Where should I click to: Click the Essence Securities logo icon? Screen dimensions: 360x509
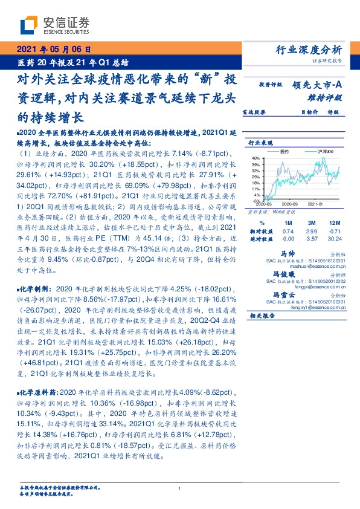click(28, 25)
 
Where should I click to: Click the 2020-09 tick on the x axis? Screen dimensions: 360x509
click(291, 205)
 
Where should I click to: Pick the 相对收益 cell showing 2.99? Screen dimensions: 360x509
click(312, 230)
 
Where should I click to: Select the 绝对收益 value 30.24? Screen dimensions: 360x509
click(333, 239)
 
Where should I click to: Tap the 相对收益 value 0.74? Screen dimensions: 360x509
click(288, 230)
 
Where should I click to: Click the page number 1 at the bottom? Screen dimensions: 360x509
click(180, 489)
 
